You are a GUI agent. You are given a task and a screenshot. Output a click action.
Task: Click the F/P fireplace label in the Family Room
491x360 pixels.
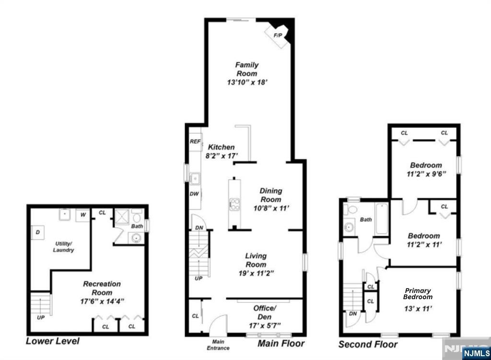[x=277, y=35]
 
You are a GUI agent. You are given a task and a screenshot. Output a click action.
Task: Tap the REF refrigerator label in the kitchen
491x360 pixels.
[x=195, y=141]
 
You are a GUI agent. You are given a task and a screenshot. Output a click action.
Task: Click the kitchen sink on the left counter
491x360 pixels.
[x=195, y=179]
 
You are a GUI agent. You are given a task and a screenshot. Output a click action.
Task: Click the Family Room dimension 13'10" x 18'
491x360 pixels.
[x=246, y=82]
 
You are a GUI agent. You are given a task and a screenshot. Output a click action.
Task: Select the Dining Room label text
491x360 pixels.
[x=271, y=195]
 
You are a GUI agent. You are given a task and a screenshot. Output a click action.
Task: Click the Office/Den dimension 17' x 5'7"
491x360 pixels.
[x=264, y=325]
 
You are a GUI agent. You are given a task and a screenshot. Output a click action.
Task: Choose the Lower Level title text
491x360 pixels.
[x=53, y=341]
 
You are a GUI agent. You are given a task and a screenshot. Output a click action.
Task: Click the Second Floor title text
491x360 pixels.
[x=368, y=344]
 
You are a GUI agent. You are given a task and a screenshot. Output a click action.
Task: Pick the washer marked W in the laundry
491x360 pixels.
[x=83, y=214]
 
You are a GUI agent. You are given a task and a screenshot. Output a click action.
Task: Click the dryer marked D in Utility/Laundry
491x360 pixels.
[x=38, y=232]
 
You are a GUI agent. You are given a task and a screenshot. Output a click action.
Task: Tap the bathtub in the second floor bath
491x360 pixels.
[x=382, y=219]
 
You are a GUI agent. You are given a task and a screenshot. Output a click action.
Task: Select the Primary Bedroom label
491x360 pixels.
[x=418, y=294]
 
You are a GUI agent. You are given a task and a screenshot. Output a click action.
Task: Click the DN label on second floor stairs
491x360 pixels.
[x=352, y=314]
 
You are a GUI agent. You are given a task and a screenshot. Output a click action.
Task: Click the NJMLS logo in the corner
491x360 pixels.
[x=475, y=353]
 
